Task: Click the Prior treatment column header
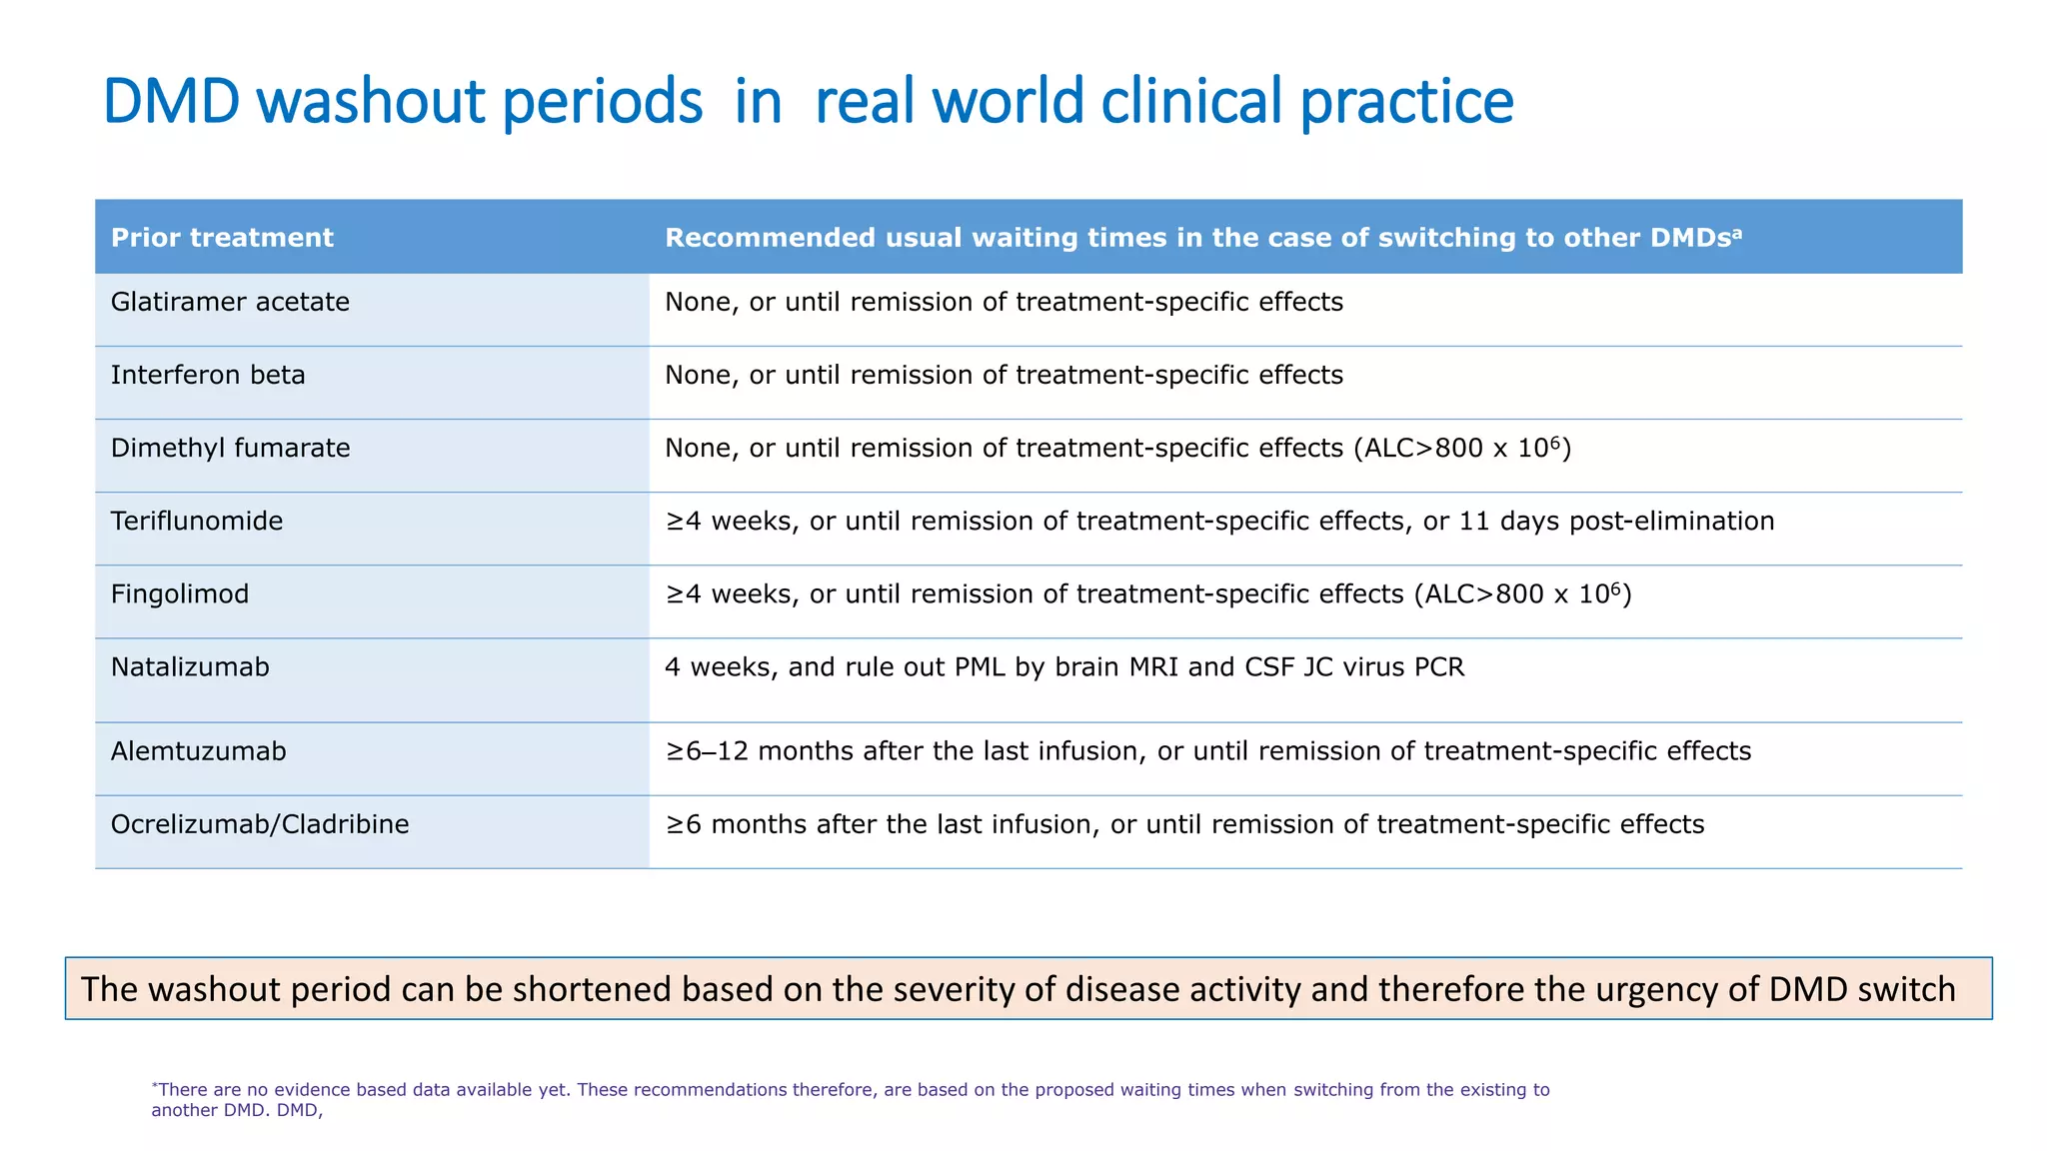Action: [x=222, y=238]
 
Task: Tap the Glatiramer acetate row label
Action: [x=230, y=302]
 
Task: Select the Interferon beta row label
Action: [x=208, y=375]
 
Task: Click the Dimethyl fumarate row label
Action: [x=230, y=448]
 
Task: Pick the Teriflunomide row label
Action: [x=197, y=521]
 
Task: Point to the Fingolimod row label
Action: [x=180, y=593]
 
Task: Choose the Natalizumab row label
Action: [x=190, y=666]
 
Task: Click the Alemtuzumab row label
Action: [x=198, y=751]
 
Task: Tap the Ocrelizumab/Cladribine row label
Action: [x=260, y=824]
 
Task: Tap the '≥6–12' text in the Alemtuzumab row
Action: [x=707, y=751]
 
